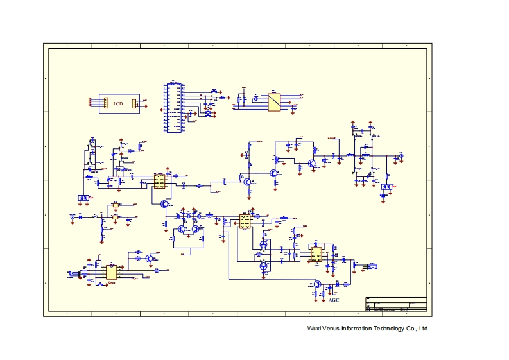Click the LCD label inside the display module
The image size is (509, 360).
click(118, 103)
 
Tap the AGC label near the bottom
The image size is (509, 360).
click(333, 300)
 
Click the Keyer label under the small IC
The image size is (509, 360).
click(111, 282)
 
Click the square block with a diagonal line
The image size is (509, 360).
click(274, 103)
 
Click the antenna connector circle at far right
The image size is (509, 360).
click(402, 156)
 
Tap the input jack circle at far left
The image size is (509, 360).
click(73, 217)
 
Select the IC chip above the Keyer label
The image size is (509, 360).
click(111, 272)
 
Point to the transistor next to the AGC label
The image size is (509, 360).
click(317, 284)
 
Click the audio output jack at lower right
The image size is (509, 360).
click(372, 264)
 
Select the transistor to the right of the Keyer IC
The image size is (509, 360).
click(149, 258)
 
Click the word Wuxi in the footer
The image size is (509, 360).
click(314, 329)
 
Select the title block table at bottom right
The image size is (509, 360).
click(395, 305)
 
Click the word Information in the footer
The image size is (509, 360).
click(356, 329)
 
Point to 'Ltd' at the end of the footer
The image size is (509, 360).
click(423, 329)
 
